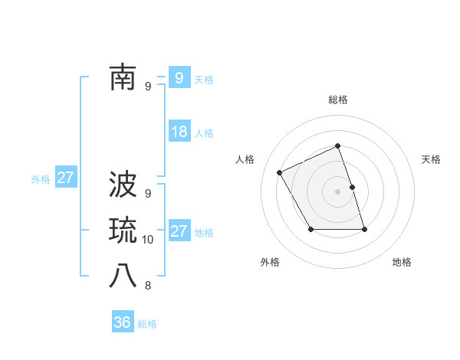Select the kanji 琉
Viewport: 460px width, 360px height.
[123, 230]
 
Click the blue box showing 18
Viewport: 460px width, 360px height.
[179, 132]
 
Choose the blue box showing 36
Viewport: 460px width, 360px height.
[123, 322]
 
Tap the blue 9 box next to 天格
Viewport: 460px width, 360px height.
[179, 77]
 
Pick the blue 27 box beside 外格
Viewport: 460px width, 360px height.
[65, 178]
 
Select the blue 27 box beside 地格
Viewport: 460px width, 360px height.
[179, 231]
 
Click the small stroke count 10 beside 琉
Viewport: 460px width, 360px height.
[148, 240]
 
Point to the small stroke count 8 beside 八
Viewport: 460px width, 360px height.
[148, 286]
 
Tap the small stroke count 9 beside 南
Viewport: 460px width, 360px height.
[148, 87]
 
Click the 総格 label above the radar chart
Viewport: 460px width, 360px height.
[337, 100]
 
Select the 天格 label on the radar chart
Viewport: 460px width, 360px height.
[431, 159]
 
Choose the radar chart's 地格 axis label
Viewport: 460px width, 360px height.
[402, 262]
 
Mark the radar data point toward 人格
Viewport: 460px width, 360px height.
[280, 172]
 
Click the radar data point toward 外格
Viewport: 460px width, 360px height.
[310, 229]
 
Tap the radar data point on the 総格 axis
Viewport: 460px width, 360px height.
[337, 146]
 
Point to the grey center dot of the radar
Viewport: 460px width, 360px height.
[337, 191]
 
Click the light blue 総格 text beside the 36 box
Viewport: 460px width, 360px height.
[147, 324]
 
